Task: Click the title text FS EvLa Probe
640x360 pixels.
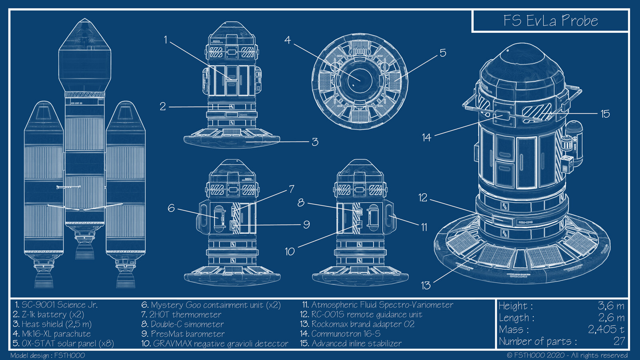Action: tap(550, 21)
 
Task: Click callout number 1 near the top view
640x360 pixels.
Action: tap(165, 40)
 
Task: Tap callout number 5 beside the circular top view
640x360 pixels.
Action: tap(443, 53)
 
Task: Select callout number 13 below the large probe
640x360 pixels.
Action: tap(426, 285)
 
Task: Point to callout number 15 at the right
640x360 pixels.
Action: tap(605, 114)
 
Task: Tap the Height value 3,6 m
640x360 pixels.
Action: tap(611, 306)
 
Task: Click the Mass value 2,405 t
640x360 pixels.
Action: tap(606, 330)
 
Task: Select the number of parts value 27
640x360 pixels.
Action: tap(619, 341)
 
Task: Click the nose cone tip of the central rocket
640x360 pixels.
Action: tap(84, 22)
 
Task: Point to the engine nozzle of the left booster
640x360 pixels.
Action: tap(43, 280)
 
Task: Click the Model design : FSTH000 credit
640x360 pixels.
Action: tap(48, 355)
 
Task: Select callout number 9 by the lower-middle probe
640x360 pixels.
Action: tap(306, 224)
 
